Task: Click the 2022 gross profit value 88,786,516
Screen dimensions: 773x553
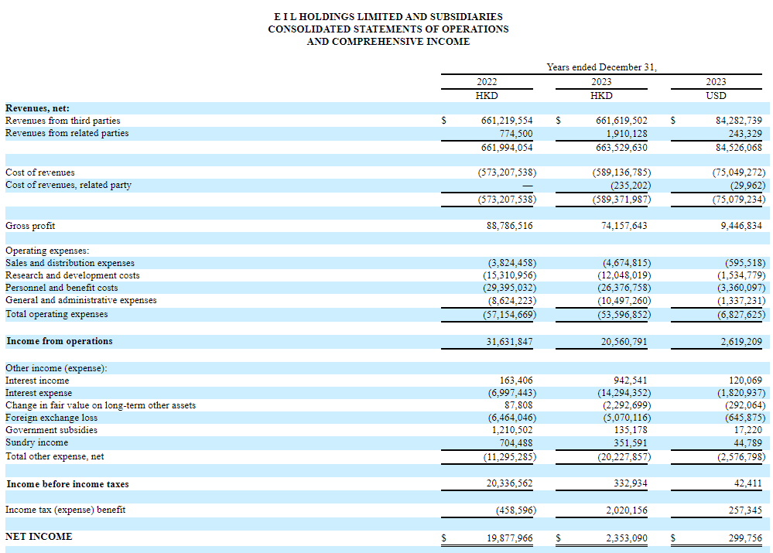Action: (509, 226)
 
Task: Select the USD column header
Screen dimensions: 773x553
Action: (716, 96)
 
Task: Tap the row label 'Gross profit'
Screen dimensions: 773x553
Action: (30, 226)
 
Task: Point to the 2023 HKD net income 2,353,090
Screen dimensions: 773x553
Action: (627, 538)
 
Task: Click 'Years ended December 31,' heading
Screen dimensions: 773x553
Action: (601, 67)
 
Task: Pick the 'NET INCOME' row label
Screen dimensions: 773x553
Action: (39, 536)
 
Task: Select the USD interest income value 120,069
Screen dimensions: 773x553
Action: (745, 381)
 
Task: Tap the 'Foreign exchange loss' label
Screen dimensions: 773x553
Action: (51, 418)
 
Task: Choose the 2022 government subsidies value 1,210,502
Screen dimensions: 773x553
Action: (512, 430)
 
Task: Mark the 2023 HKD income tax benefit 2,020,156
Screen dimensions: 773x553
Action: (627, 510)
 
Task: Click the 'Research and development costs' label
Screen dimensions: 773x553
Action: (73, 275)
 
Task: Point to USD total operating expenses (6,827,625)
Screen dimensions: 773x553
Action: (741, 315)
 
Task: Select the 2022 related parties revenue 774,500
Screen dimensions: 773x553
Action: (515, 134)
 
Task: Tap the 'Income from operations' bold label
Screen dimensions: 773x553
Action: (59, 341)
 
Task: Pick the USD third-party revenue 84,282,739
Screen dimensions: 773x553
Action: (738, 120)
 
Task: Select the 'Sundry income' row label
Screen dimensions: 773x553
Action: (36, 442)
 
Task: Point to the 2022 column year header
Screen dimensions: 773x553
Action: (487, 82)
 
